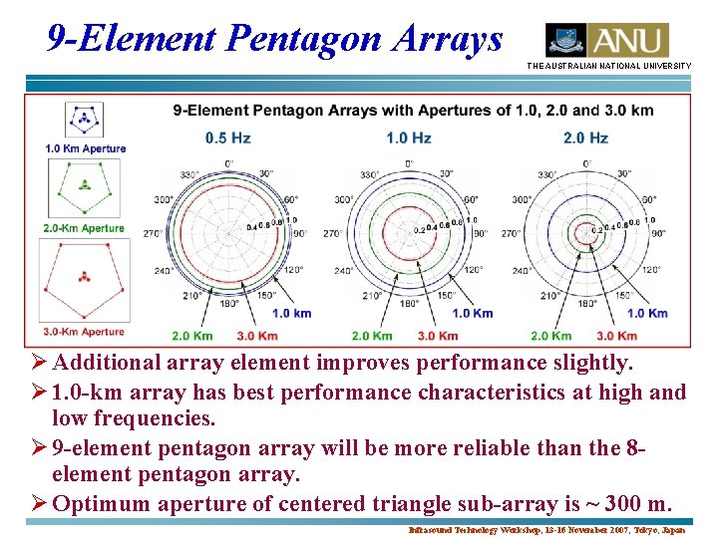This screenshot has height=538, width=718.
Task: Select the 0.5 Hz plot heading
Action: [x=227, y=137]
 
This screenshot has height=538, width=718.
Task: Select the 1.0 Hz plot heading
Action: [x=409, y=137]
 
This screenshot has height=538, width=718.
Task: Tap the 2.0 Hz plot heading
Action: [x=585, y=137]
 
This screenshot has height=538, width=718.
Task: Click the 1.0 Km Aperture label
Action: [x=85, y=148]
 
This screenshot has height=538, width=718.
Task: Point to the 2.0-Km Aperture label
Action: [x=84, y=228]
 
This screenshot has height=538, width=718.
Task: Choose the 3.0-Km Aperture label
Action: [x=84, y=331]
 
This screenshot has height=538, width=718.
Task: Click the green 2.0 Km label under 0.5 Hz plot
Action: [x=192, y=336]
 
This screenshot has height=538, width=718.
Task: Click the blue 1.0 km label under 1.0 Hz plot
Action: [x=470, y=313]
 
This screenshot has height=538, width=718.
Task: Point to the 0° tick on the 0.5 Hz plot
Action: [x=229, y=162]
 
